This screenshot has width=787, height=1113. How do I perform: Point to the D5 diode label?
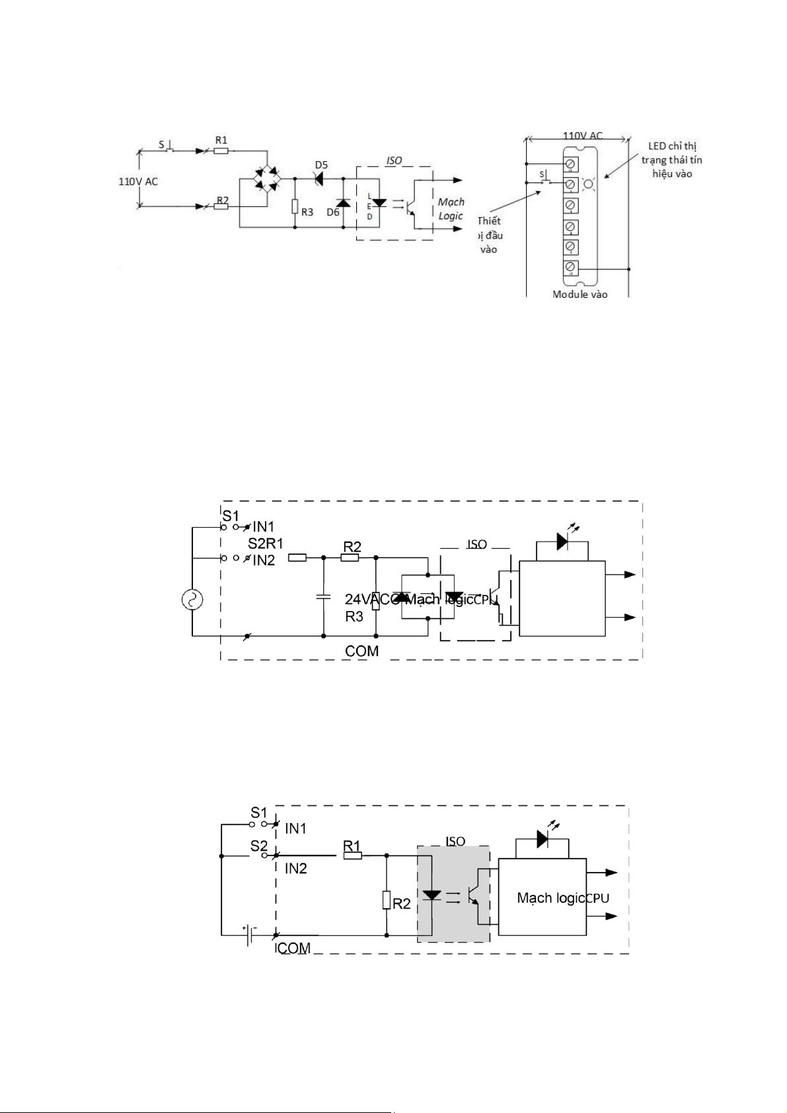[321, 165]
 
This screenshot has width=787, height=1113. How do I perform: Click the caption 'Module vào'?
[580, 294]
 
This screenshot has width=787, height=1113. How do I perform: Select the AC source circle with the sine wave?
[192, 600]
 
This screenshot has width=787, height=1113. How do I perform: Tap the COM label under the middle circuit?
[362, 651]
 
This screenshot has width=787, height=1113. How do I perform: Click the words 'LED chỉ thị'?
[672, 145]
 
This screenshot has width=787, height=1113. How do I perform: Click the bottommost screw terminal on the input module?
[570, 268]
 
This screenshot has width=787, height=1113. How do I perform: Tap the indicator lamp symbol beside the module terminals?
[589, 184]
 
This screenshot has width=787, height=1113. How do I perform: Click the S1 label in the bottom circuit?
[259, 812]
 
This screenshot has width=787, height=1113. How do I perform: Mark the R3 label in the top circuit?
[307, 213]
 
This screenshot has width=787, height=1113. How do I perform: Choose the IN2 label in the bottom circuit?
[296, 869]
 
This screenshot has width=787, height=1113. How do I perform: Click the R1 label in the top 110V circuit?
[221, 140]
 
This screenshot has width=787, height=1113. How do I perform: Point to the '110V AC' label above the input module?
[583, 135]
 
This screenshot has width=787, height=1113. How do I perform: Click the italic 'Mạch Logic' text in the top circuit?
[451, 209]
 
